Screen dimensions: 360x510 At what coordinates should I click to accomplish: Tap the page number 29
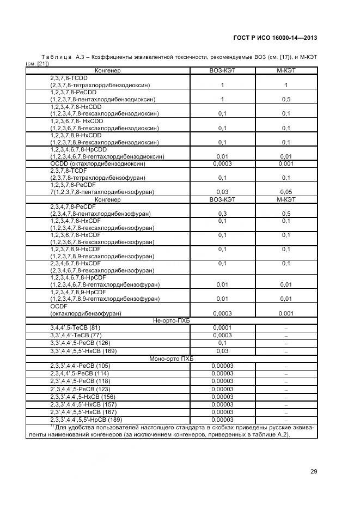click(x=313, y=471)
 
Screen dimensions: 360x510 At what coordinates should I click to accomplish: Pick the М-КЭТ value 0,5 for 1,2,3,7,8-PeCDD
click(x=286, y=100)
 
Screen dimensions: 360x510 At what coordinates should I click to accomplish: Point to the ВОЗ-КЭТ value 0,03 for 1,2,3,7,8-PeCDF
click(x=222, y=192)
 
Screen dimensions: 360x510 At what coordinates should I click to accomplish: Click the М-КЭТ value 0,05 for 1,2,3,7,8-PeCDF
click(x=286, y=192)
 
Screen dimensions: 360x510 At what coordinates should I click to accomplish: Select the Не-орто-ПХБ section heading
click(x=172, y=320)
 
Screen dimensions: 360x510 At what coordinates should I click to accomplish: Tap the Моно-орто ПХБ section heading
click(x=172, y=359)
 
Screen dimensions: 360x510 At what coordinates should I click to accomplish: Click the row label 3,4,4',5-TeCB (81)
click(x=76, y=327)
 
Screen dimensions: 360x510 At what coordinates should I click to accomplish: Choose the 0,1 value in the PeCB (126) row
click(x=222, y=343)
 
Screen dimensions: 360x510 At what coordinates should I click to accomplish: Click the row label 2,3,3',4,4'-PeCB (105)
click(x=80, y=366)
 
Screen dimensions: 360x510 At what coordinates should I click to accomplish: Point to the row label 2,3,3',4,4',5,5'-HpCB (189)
click(x=86, y=420)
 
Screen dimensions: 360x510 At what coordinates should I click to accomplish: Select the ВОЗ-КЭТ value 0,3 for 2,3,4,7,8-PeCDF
click(x=222, y=214)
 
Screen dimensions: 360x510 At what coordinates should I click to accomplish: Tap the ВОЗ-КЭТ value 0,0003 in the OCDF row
click(x=222, y=313)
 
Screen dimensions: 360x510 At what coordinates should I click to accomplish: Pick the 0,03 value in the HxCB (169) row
click(x=222, y=351)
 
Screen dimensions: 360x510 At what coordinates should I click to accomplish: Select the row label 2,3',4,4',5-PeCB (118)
click(x=80, y=381)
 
